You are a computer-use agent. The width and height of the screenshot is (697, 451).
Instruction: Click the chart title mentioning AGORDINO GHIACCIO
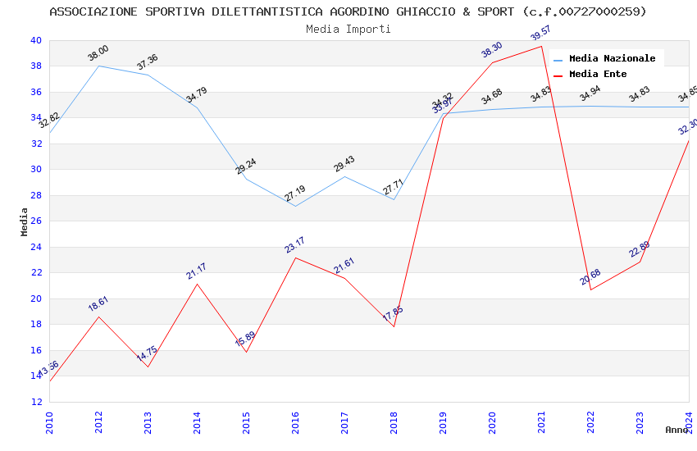pos(348,11)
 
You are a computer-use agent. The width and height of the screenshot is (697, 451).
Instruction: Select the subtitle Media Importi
pos(348,29)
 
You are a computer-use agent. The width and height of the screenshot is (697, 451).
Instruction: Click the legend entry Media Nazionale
pos(612,58)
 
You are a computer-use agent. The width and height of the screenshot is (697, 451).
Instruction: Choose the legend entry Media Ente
pos(598,74)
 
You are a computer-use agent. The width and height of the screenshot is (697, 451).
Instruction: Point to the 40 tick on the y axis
pos(35,40)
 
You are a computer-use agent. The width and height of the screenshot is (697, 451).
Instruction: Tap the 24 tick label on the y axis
pos(35,247)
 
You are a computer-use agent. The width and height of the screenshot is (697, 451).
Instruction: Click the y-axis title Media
pos(25,221)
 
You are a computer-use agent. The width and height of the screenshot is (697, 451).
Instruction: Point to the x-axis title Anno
pos(676,430)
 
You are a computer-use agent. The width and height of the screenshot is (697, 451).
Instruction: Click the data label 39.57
pos(541,33)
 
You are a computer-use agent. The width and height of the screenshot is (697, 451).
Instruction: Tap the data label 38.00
pos(98,53)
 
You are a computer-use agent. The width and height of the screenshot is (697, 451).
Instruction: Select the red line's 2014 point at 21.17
pos(197,284)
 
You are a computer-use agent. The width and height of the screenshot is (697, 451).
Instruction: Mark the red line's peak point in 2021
pos(541,46)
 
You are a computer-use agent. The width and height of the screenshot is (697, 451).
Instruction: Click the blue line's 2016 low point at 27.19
pos(295,206)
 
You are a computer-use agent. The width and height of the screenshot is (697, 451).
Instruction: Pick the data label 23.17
pos(295,244)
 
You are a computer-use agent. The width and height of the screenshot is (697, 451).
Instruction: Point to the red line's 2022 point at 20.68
pos(590,289)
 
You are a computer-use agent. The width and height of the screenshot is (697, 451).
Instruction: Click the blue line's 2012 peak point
pos(98,66)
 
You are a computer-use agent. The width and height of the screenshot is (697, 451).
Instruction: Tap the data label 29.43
pos(344,164)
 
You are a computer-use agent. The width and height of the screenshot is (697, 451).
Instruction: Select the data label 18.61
pos(98,303)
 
